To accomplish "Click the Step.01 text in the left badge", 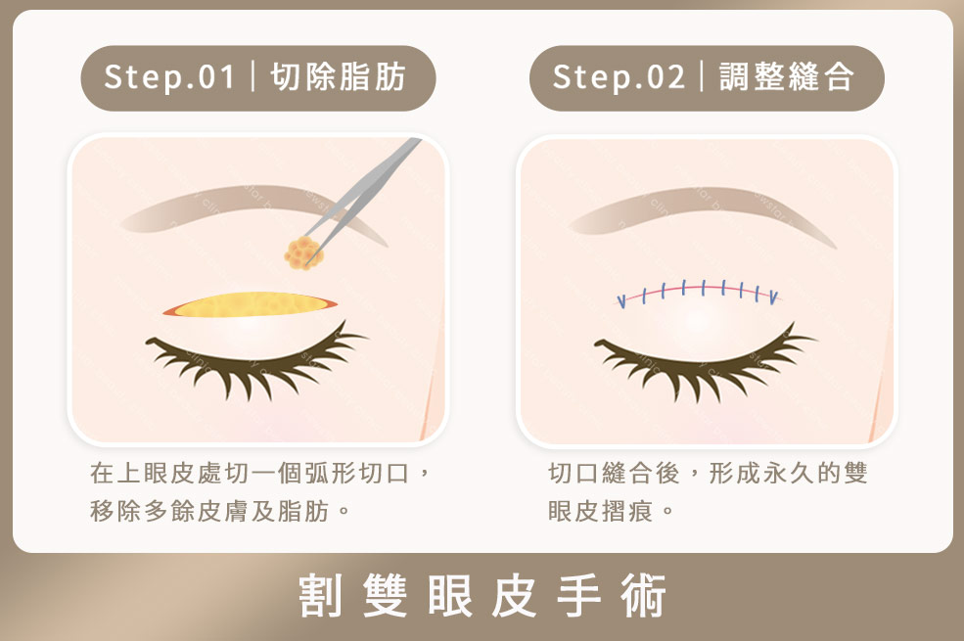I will coord(169,77).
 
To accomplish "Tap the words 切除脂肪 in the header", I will coord(338,77).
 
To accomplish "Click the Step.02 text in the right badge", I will coord(619,77).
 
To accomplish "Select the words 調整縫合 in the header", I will coord(787,77).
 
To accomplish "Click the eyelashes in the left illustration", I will coord(250,362).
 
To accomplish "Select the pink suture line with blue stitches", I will coord(697,292).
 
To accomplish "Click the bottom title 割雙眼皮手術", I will coord(482,596).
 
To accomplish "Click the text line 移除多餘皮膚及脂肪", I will coord(220,510).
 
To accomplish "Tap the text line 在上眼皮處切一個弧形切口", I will coord(259,475).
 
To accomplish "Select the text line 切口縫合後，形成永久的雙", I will coord(708,475).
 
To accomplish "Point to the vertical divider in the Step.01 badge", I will coord(253,77).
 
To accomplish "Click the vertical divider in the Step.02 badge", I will coord(703,77).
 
